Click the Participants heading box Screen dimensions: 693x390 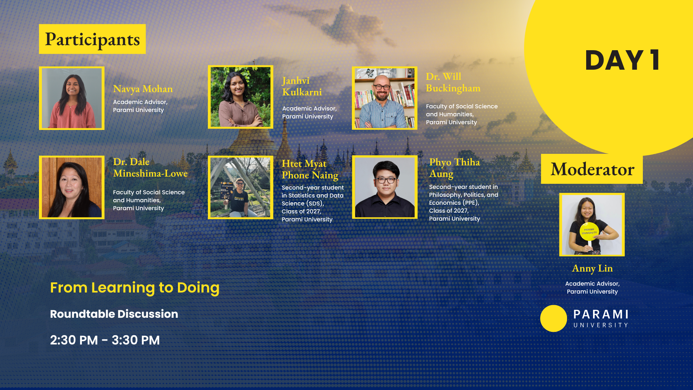point(92,39)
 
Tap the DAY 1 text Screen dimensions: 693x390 point(623,60)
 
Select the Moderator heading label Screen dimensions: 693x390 point(592,169)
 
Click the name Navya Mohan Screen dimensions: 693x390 point(143,89)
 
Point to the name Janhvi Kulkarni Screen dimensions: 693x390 point(302,87)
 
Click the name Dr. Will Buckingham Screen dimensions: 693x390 point(453,82)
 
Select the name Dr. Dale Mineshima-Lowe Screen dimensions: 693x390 point(150,168)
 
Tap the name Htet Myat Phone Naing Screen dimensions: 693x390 point(310,170)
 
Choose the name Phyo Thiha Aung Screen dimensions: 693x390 point(454,168)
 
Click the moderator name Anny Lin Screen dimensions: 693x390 point(592,268)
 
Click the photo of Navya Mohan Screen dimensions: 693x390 point(72,98)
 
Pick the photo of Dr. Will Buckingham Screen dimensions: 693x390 point(385,98)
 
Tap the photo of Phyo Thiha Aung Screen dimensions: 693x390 point(385,187)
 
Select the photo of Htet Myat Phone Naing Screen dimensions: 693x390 point(240,187)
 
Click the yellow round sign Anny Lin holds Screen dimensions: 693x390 point(589,231)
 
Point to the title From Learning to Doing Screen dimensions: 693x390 point(135,288)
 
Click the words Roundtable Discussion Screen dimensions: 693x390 point(114,314)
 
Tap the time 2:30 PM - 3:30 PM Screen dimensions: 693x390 point(105,340)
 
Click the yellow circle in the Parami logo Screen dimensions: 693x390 point(554,318)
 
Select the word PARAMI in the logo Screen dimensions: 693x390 point(601,315)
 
